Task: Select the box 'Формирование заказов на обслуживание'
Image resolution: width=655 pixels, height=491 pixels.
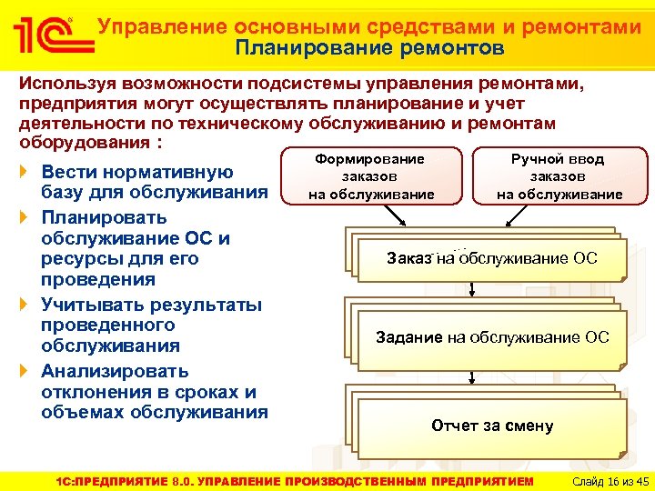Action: point(370,176)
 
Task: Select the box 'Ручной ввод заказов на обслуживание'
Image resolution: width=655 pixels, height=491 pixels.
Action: point(559,176)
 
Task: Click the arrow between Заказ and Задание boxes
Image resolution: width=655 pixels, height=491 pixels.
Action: point(471,288)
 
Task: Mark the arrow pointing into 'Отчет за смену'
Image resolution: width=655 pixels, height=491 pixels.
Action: point(471,375)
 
